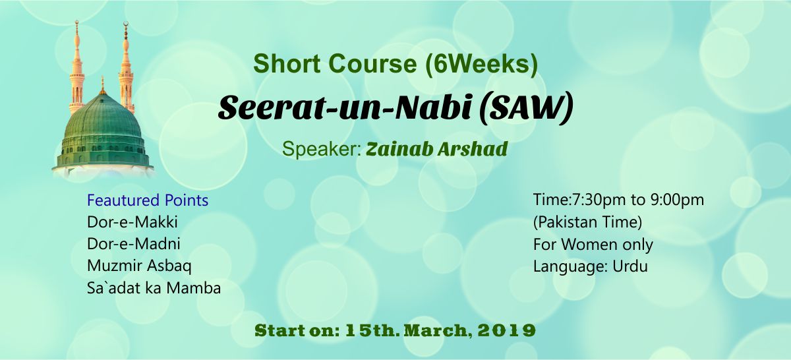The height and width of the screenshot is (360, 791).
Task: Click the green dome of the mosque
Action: click(103, 131)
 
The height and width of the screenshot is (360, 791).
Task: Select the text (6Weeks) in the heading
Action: click(482, 65)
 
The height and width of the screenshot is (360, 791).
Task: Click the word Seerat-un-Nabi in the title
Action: click(345, 107)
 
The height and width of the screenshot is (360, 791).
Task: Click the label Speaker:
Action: click(322, 149)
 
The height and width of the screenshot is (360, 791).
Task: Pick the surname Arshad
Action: click(473, 149)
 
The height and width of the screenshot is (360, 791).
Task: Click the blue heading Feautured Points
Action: click(148, 200)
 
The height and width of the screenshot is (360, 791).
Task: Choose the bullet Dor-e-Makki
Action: click(132, 222)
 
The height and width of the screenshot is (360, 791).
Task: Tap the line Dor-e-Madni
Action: click(134, 244)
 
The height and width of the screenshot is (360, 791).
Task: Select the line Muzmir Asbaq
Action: click(139, 266)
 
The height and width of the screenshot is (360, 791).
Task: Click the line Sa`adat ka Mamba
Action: click(154, 288)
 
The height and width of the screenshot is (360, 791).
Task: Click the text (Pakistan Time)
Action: click(587, 223)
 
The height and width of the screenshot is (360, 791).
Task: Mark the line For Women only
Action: click(593, 245)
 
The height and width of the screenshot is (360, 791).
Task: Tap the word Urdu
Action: click(630, 266)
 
